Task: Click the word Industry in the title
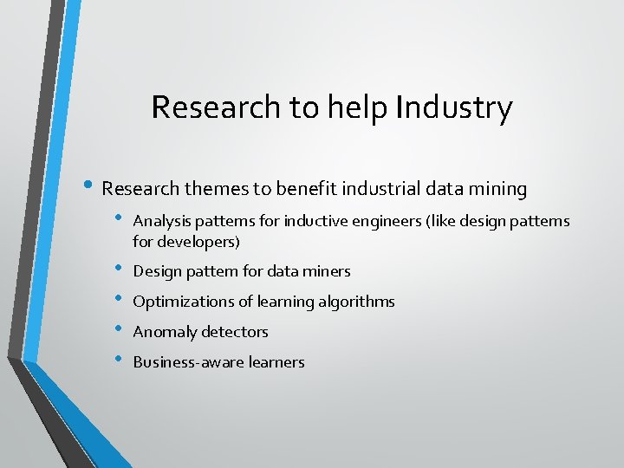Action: click(x=453, y=107)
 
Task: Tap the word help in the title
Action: click(x=356, y=107)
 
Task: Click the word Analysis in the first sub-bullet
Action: click(x=161, y=221)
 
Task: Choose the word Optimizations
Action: click(x=179, y=302)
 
